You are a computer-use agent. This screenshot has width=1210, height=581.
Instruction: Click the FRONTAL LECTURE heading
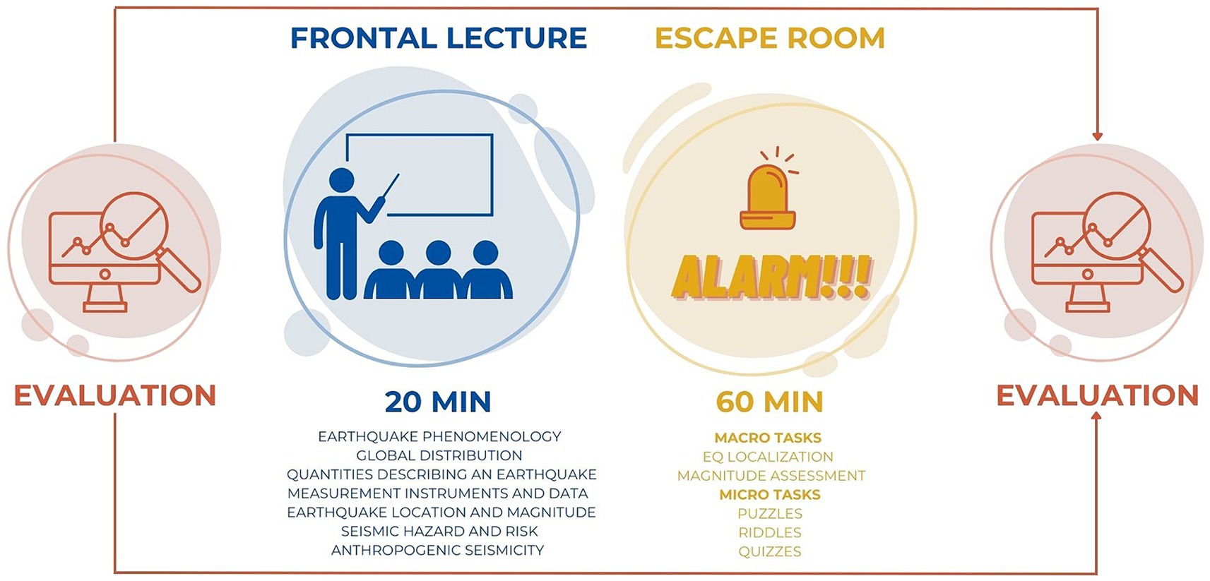click(439, 38)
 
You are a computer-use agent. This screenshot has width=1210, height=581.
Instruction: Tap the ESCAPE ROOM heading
click(770, 38)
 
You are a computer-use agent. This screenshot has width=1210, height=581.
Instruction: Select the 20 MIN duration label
click(438, 402)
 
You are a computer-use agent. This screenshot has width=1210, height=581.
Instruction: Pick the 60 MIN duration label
click(770, 402)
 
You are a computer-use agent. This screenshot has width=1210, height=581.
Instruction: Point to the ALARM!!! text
click(771, 278)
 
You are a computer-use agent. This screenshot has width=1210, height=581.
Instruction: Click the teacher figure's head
click(341, 181)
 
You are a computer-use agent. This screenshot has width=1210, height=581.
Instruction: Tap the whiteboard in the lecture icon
click(420, 174)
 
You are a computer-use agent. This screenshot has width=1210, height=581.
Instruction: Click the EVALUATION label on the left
click(115, 395)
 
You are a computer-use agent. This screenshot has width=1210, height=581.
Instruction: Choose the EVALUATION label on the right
click(1098, 395)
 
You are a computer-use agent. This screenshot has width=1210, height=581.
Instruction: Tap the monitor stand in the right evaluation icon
click(1087, 298)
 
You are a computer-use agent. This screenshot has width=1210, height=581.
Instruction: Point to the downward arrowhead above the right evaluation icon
click(1097, 137)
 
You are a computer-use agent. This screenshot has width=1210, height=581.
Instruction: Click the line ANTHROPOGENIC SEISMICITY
click(437, 550)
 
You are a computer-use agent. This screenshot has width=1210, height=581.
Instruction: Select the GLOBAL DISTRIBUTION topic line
click(439, 455)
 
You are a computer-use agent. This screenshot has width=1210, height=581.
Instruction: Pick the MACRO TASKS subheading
click(768, 438)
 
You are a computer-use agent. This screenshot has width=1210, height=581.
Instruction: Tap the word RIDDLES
click(770, 532)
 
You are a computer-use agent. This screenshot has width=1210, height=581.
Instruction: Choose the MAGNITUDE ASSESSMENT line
click(771, 476)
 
